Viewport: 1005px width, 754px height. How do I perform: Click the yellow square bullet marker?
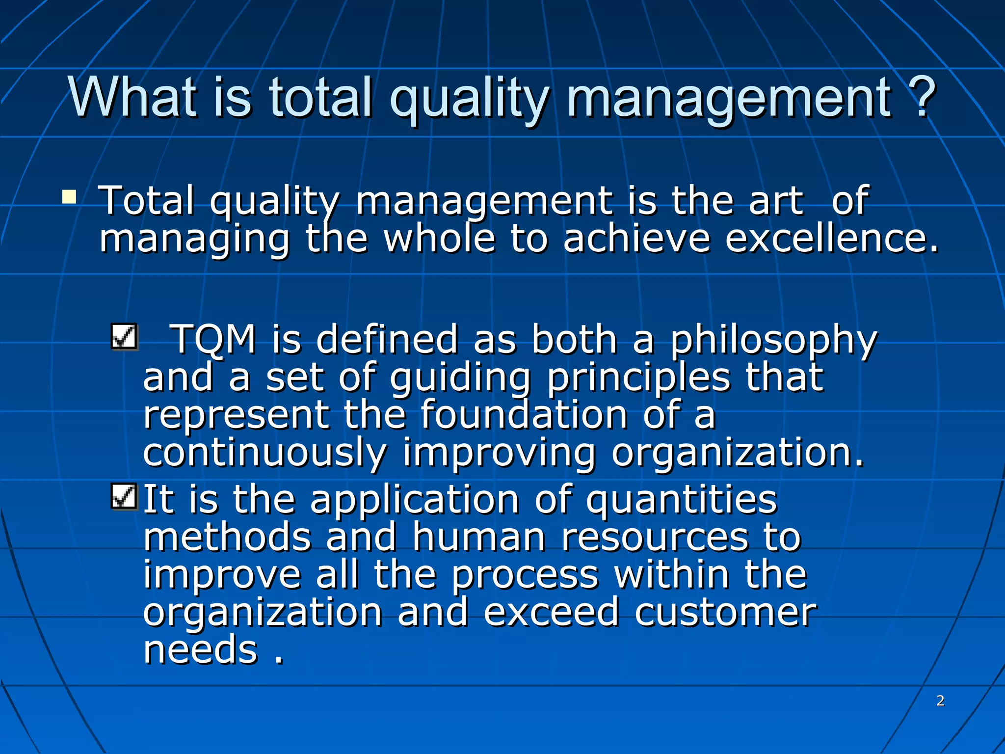point(69,197)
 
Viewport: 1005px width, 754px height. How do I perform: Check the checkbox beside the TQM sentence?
point(124,337)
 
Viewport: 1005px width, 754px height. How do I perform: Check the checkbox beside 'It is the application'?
point(124,496)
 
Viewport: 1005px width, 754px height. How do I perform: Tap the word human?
point(479,537)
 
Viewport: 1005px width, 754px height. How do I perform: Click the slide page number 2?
point(940,700)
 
